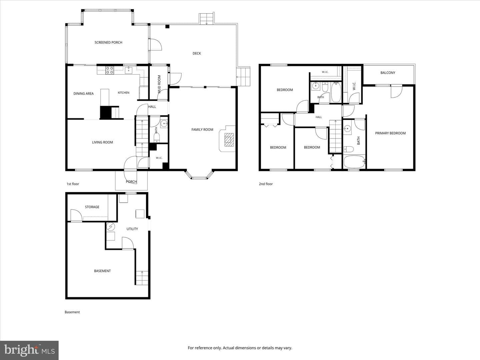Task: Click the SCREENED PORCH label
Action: [108, 42]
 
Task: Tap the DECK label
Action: [197, 53]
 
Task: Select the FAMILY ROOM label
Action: [202, 130]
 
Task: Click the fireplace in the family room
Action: [229, 139]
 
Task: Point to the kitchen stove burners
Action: [110, 70]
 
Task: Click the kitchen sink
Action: [129, 70]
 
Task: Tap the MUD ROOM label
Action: [159, 84]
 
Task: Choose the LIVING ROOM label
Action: [102, 142]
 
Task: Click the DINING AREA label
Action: [84, 94]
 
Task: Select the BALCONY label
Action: [388, 73]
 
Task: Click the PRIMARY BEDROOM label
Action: [390, 133]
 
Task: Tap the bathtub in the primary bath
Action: [354, 162]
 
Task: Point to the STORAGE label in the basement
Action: [92, 207]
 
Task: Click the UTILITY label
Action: [132, 229]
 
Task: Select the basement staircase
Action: [142, 278]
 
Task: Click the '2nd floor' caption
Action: [266, 184]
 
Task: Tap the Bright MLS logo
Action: [29, 350]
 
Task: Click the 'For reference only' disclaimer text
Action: [240, 348]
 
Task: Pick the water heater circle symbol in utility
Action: [111, 227]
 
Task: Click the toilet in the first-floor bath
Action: [157, 137]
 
